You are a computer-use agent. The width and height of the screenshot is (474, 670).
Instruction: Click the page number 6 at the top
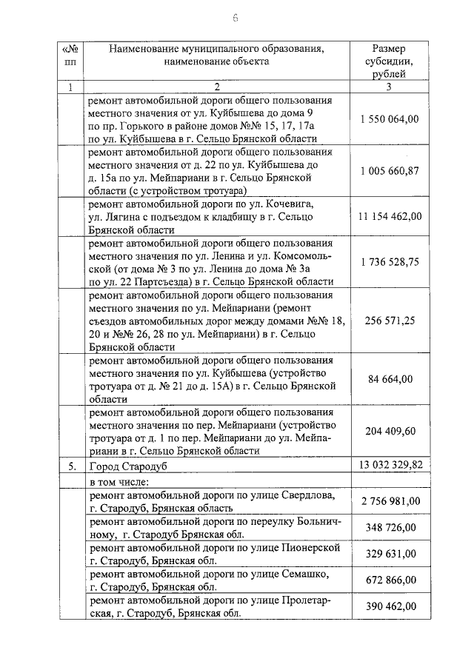236,18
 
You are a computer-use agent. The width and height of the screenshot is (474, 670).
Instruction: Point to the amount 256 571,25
390,320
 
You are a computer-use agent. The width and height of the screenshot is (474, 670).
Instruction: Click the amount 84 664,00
390,379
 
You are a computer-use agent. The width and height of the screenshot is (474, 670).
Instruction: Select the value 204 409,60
390,432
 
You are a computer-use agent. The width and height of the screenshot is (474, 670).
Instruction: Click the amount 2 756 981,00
390,501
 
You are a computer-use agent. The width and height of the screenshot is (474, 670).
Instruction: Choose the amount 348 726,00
390,527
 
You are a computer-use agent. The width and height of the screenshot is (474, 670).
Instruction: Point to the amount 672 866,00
390,580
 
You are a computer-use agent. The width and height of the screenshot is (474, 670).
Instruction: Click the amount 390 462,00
390,606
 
